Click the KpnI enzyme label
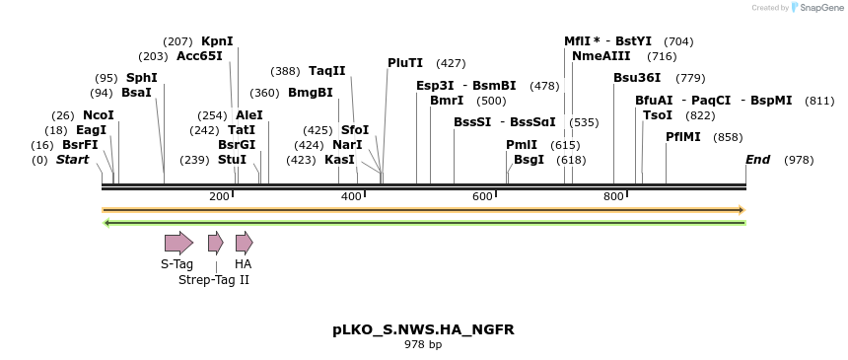[x=217, y=41]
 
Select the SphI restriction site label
[x=141, y=77]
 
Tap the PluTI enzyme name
[x=405, y=63]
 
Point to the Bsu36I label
[x=637, y=77]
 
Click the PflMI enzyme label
[x=683, y=137]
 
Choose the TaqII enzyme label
[x=327, y=71]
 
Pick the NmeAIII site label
[x=601, y=56]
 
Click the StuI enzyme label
[x=232, y=160]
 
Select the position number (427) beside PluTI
[x=451, y=63]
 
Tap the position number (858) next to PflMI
[x=728, y=137]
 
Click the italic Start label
[x=72, y=160]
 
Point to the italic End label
[x=757, y=160]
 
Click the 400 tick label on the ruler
[x=351, y=197]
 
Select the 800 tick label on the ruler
[x=613, y=197]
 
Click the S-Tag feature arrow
[x=178, y=243]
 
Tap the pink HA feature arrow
[x=244, y=243]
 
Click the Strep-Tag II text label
[x=214, y=280]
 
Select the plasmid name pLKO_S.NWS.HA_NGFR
[x=423, y=328]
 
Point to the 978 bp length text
[x=423, y=344]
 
